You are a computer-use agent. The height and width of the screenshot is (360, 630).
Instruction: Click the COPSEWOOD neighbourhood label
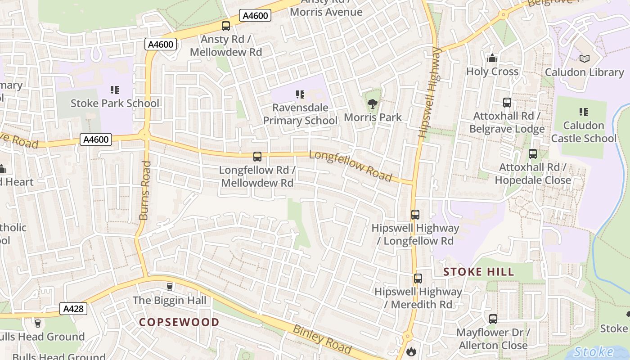[179, 322]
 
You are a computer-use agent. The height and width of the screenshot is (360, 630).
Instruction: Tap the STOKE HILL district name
[478, 272]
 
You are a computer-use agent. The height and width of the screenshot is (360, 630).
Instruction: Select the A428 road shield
[73, 309]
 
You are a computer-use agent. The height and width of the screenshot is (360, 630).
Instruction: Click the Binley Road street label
[322, 339]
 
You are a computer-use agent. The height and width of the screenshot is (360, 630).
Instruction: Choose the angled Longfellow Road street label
[351, 166]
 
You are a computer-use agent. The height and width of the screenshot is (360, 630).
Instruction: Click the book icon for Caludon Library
[584, 59]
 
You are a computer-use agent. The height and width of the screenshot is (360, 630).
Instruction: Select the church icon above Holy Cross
[492, 58]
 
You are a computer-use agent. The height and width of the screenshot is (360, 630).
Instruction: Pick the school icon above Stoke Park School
[115, 90]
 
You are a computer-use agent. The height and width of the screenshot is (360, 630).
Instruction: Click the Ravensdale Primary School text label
[300, 114]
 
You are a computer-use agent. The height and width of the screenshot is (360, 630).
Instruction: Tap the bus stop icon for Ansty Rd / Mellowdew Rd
[226, 26]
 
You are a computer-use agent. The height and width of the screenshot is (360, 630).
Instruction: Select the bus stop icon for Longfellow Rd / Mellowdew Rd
[257, 157]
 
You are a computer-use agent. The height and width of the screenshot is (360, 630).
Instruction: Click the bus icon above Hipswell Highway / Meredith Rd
[418, 279]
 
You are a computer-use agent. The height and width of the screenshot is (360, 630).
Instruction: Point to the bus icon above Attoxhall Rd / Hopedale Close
[533, 154]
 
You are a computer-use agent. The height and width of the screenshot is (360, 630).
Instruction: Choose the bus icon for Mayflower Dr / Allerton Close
[493, 319]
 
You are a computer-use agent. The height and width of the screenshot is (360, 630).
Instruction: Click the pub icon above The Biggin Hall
[170, 287]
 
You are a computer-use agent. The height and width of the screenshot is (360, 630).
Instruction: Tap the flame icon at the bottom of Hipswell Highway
[410, 351]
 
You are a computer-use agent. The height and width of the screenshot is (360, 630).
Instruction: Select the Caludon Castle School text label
[584, 132]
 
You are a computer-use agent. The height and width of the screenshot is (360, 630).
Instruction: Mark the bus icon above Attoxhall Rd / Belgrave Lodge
[507, 103]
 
